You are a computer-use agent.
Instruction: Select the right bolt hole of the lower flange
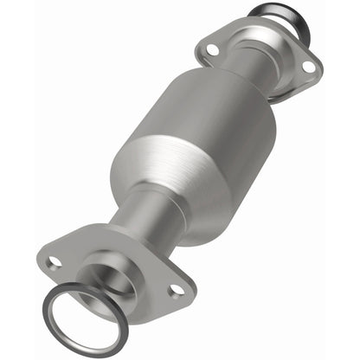pyautogui.click(x=177, y=291)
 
